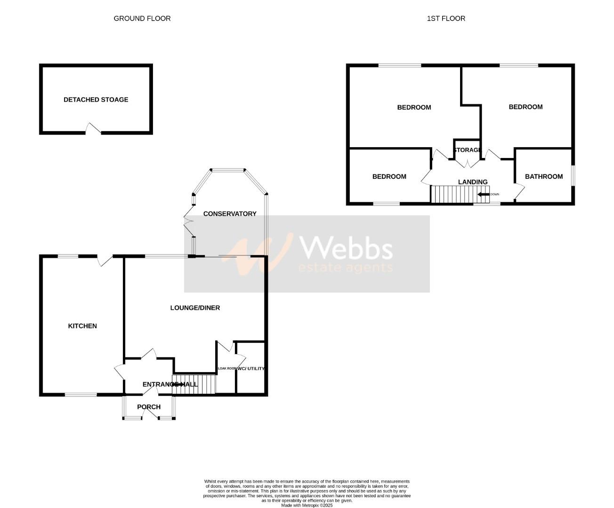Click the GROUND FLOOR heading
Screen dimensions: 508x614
click(142, 18)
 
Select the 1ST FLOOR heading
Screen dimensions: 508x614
click(445, 18)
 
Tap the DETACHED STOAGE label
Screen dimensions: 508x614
click(96, 100)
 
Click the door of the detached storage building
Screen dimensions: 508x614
click(93, 128)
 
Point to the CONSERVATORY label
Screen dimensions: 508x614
click(230, 214)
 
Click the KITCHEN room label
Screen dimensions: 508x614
click(82, 326)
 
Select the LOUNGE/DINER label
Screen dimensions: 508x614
click(195, 308)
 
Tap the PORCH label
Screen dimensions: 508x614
click(149, 407)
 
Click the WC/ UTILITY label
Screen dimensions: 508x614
click(251, 368)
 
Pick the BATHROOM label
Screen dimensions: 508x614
click(543, 176)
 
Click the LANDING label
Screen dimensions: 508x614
click(473, 182)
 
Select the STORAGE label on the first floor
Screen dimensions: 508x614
click(467, 150)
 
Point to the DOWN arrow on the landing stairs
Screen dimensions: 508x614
click(484, 194)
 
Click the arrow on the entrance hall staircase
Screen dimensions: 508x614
click(179, 384)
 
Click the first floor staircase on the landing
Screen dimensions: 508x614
click(452, 194)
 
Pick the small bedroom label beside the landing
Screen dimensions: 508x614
click(389, 176)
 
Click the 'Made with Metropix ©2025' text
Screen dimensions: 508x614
click(307, 506)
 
